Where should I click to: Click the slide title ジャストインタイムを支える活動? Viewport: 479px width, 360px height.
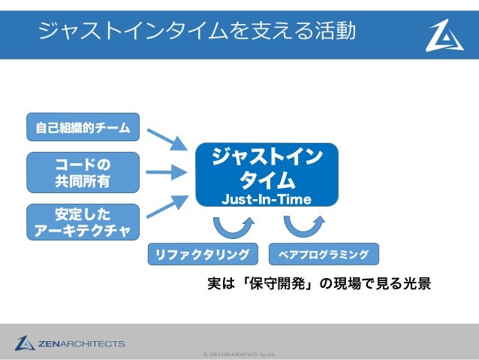[x=197, y=31]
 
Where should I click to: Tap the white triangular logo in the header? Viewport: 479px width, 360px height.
[x=444, y=35]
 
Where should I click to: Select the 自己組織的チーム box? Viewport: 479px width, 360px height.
[x=83, y=128]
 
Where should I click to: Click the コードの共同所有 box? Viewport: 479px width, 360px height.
[x=83, y=172]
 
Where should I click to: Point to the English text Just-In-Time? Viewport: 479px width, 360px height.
[x=266, y=199]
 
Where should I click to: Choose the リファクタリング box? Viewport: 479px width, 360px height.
[x=201, y=255]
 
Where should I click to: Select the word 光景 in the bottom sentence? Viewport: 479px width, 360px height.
[x=414, y=286]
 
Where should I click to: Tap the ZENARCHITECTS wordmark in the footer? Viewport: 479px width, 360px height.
[x=82, y=344]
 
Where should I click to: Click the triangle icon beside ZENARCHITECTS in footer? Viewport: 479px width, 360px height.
[x=25, y=343]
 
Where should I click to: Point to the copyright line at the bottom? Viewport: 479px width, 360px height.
[x=239, y=354]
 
